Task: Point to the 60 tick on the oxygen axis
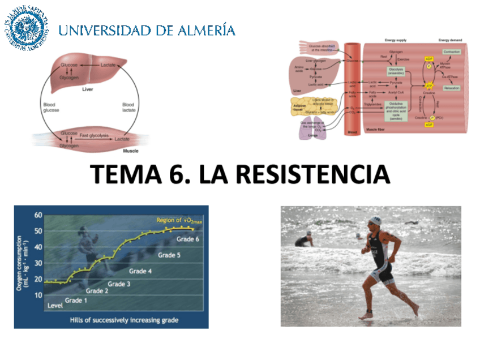click(38, 216)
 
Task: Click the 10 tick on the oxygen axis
click(38, 295)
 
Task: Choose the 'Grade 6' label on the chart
click(187, 239)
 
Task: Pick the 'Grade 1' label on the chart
click(76, 300)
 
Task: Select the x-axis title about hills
click(124, 320)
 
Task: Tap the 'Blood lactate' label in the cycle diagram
click(128, 108)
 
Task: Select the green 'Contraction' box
click(452, 52)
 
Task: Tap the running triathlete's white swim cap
click(375, 221)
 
